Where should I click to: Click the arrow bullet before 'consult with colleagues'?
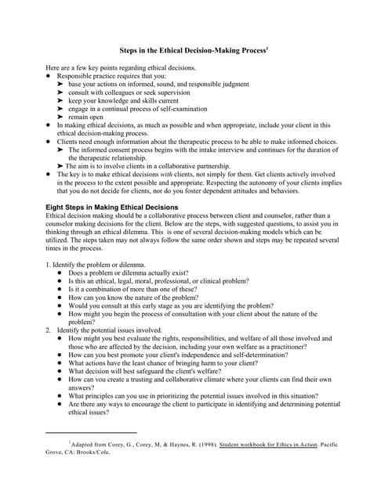[x=61, y=92]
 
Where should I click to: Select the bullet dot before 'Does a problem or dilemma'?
[x=60, y=274]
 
